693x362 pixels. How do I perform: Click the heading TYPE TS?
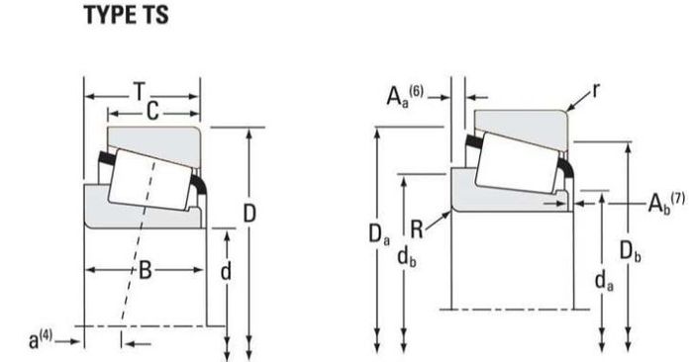127,15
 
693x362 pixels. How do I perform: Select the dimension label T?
140,92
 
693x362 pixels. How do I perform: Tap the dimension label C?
152,111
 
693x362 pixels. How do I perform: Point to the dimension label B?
146,270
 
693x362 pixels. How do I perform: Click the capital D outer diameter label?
249,214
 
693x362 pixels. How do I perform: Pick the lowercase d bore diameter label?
226,271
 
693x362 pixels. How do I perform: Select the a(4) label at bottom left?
41,339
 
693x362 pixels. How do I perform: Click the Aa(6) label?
405,96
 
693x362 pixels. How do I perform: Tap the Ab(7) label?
666,203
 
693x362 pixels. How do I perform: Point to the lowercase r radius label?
596,91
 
